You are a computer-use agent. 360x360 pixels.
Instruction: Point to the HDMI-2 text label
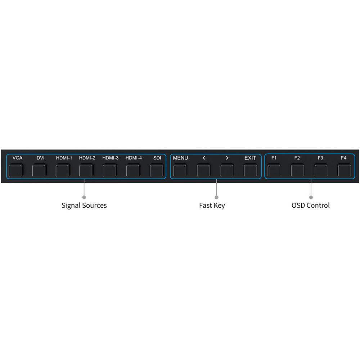87,158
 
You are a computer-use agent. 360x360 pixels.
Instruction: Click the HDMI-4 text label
134,158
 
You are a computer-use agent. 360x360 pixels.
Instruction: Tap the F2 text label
297,158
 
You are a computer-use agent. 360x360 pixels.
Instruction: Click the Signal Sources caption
84,206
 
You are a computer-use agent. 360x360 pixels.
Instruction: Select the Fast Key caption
212,206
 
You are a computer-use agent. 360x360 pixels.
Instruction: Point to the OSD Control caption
310,206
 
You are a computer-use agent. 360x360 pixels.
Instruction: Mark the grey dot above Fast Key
216,197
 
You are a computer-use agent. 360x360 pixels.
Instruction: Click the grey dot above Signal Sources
84,197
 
